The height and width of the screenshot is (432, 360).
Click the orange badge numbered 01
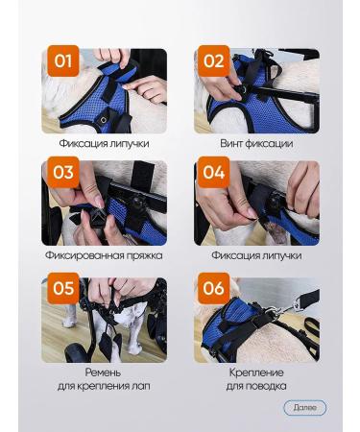pyautogui.click(x=62, y=62)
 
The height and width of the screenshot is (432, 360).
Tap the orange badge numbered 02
pyautogui.click(x=214, y=62)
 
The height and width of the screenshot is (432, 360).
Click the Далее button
pyautogui.click(x=304, y=408)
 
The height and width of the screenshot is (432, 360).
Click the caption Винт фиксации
pyautogui.click(x=256, y=144)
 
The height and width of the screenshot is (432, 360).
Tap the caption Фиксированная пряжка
pyautogui.click(x=104, y=255)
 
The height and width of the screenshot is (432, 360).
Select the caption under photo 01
pyautogui.click(x=104, y=144)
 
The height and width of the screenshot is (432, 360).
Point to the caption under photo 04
pyautogui.click(x=256, y=255)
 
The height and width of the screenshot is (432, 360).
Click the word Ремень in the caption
pyautogui.click(x=104, y=372)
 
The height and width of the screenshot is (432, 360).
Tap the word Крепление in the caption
pyautogui.click(x=256, y=372)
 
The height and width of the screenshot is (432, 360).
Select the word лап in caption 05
pyautogui.click(x=143, y=386)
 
